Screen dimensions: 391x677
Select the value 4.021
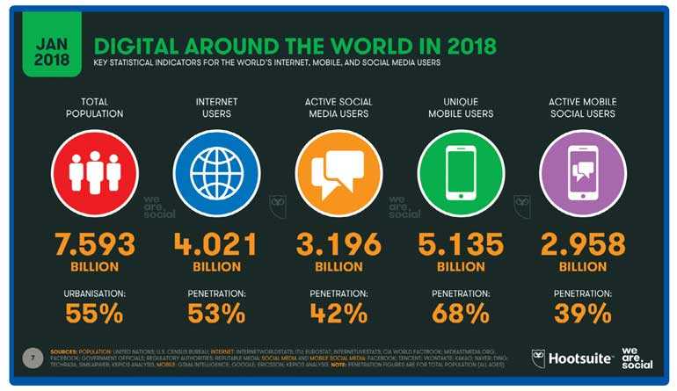coord(215,244)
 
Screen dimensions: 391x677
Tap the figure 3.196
coord(338,244)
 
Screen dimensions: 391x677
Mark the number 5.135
coord(461,244)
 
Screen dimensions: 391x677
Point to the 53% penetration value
coord(215,312)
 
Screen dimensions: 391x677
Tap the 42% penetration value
coord(338,312)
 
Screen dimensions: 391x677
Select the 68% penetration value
coord(461,312)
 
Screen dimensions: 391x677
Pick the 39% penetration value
coord(584,312)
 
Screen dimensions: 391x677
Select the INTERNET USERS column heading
coord(216,107)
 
